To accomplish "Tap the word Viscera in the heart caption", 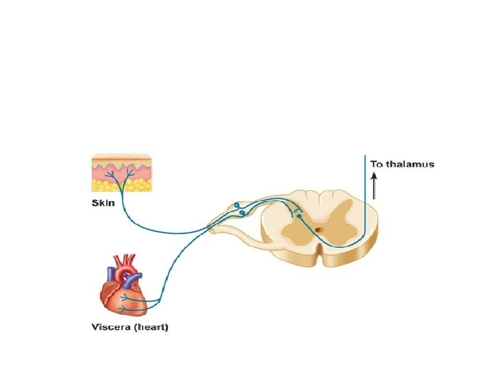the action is click(112, 327).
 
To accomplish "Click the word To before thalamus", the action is click(376, 164).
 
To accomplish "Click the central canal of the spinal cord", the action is click(318, 230).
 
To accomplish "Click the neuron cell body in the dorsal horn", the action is click(298, 216).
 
